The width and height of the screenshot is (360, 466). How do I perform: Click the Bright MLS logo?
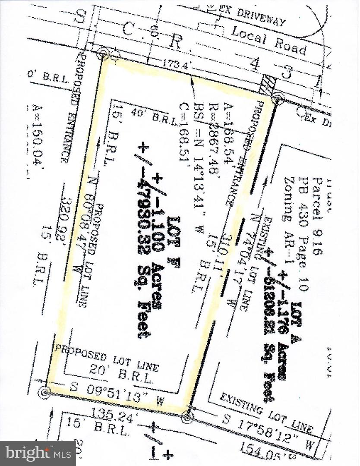[38, 453]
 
